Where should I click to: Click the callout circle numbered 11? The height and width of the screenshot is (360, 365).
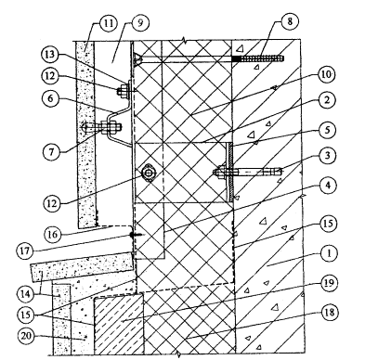point(108,23)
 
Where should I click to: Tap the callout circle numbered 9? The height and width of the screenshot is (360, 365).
point(140,23)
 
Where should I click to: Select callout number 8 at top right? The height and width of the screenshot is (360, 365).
point(290,21)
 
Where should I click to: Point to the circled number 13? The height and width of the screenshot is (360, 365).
point(50,55)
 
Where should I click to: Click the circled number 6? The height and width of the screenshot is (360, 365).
point(50,98)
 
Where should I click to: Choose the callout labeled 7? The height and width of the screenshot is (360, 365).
point(51,151)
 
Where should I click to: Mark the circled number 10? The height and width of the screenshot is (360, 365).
point(326,74)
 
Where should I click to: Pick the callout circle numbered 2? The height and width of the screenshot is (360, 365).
point(328,100)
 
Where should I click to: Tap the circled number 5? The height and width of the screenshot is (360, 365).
point(328,130)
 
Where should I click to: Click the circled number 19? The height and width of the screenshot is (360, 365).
point(329,283)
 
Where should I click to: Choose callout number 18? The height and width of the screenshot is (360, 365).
point(330,313)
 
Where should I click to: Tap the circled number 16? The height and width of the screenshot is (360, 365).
point(53,235)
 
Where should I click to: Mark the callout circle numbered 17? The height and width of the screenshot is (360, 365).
point(25,251)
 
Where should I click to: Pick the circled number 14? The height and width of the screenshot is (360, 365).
point(26,294)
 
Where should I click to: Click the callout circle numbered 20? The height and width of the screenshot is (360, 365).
point(26,336)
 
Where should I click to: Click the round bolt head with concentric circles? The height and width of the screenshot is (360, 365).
point(149,174)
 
